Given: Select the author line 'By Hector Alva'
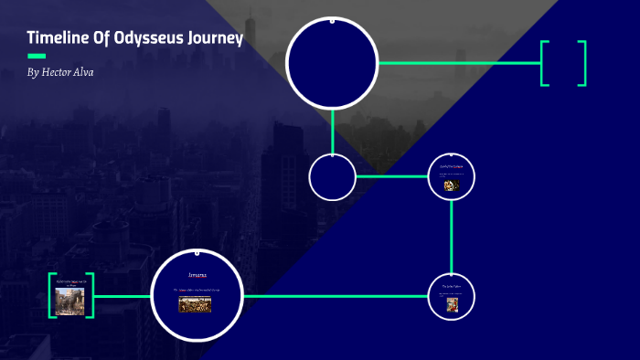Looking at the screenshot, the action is [60, 72].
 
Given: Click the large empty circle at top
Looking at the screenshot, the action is [332, 63].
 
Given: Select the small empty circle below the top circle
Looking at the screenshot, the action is [332, 176].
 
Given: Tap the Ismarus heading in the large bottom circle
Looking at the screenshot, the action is [198, 274].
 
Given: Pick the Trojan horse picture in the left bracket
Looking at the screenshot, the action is [69, 302].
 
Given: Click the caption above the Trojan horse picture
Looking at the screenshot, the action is [70, 284].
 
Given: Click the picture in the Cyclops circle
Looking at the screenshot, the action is [452, 185].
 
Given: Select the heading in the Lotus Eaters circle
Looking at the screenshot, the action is [452, 286].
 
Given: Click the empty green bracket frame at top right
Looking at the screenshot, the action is [563, 63].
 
